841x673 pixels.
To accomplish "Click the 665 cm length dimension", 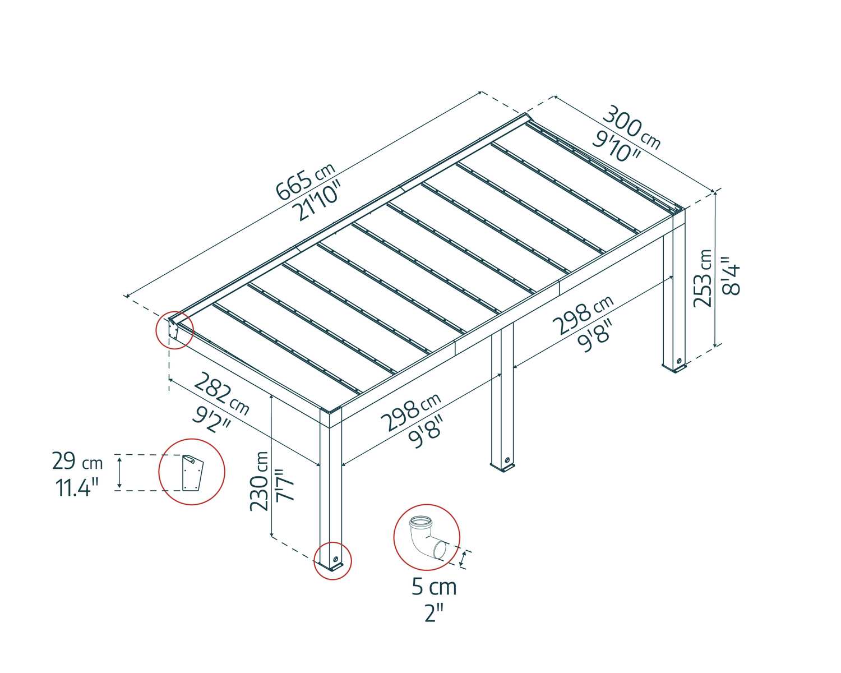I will pyautogui.click(x=305, y=181).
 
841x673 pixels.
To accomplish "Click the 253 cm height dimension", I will pyautogui.click(x=703, y=278).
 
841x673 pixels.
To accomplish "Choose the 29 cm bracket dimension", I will pyautogui.click(x=77, y=462).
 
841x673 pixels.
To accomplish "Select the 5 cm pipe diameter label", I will pyautogui.click(x=434, y=587).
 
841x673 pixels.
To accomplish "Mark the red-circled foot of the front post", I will pyautogui.click(x=332, y=560).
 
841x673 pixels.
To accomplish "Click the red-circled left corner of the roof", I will pyautogui.click(x=174, y=330).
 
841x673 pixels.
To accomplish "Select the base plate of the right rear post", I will pyautogui.click(x=675, y=367).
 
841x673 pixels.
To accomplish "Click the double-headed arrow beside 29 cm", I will pyautogui.click(x=119, y=472).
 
